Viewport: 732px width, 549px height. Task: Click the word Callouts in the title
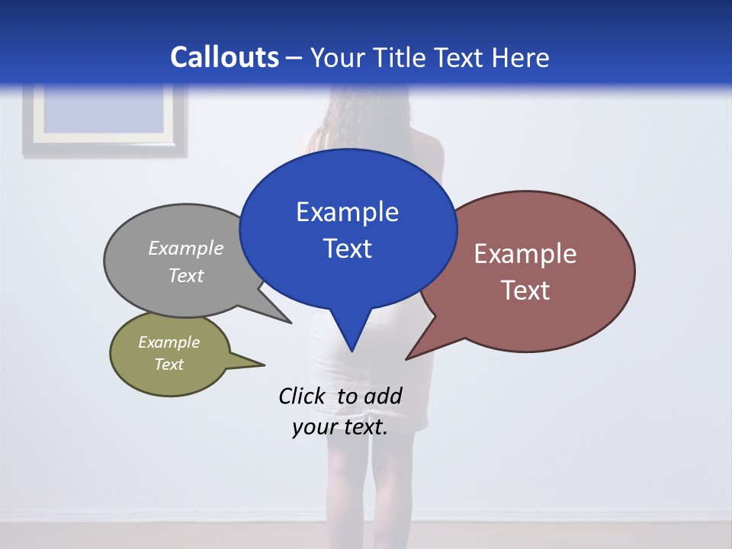coord(224,57)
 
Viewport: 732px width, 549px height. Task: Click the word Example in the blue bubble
coord(347,212)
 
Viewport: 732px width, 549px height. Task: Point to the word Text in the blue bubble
coord(347,249)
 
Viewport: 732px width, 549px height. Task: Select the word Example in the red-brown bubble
coord(525,254)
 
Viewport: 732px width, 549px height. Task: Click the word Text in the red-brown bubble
coord(525,291)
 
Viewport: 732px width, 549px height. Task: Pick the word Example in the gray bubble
coord(185,249)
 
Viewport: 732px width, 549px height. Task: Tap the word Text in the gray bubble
coord(185,276)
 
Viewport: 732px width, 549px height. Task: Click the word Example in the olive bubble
coord(169,342)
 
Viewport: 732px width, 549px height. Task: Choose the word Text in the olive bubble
coord(169,364)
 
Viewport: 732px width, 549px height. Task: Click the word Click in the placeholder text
coord(301,396)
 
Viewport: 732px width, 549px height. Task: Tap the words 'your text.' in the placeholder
coord(340,427)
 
